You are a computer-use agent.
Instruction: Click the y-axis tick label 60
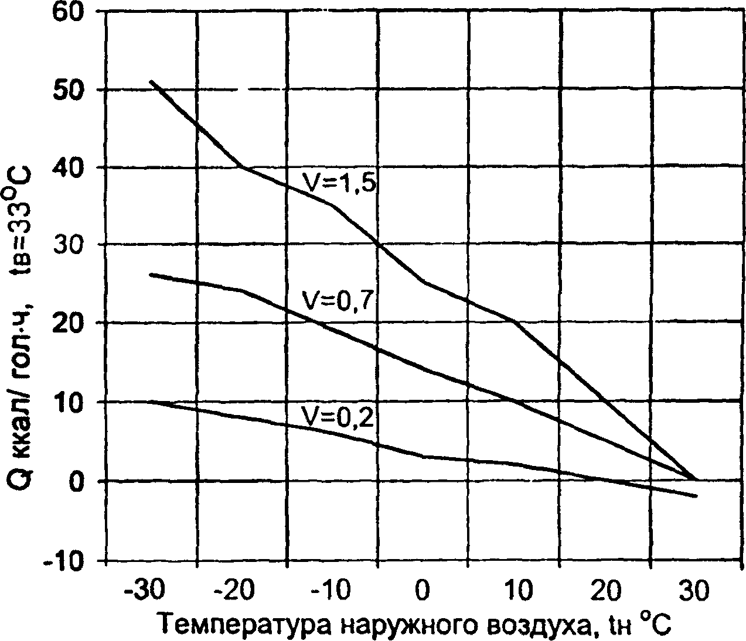[70, 12]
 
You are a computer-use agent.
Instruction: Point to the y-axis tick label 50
[70, 89]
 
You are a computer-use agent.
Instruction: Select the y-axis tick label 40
[70, 167]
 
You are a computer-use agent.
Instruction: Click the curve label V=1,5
[338, 182]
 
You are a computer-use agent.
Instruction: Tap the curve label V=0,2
[338, 416]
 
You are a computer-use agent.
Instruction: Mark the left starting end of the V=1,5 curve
[151, 81]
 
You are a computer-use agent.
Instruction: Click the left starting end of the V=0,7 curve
[151, 273]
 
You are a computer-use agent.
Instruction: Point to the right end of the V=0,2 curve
[696, 496]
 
